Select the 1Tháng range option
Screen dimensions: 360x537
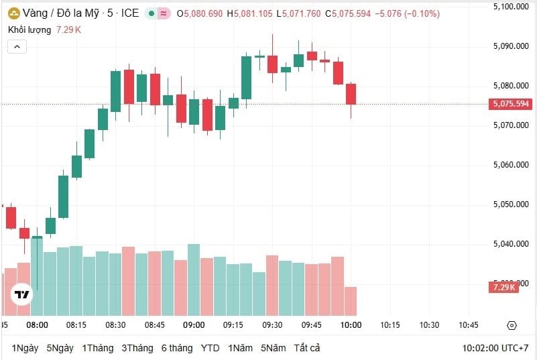[x=97, y=348]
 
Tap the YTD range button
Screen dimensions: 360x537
[x=210, y=348]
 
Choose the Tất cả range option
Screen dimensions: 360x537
[x=307, y=348]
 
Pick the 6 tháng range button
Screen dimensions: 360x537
[x=176, y=348]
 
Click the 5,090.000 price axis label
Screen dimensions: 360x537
[x=511, y=46]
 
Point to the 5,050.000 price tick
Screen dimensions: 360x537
[x=511, y=204]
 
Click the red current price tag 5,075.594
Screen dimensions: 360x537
[x=511, y=104]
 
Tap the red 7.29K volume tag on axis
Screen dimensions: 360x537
[x=503, y=287]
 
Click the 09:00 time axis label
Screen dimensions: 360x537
[x=194, y=325]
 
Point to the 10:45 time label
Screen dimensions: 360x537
[x=468, y=325]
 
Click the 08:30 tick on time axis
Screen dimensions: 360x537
[x=115, y=325]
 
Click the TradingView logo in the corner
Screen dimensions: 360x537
[x=22, y=294]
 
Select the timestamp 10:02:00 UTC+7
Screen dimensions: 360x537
[x=495, y=348]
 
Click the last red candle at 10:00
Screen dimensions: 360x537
[x=351, y=94]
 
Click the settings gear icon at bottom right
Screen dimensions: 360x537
[x=512, y=325]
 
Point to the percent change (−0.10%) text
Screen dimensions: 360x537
[x=421, y=13]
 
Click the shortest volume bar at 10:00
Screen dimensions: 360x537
[x=351, y=301]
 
